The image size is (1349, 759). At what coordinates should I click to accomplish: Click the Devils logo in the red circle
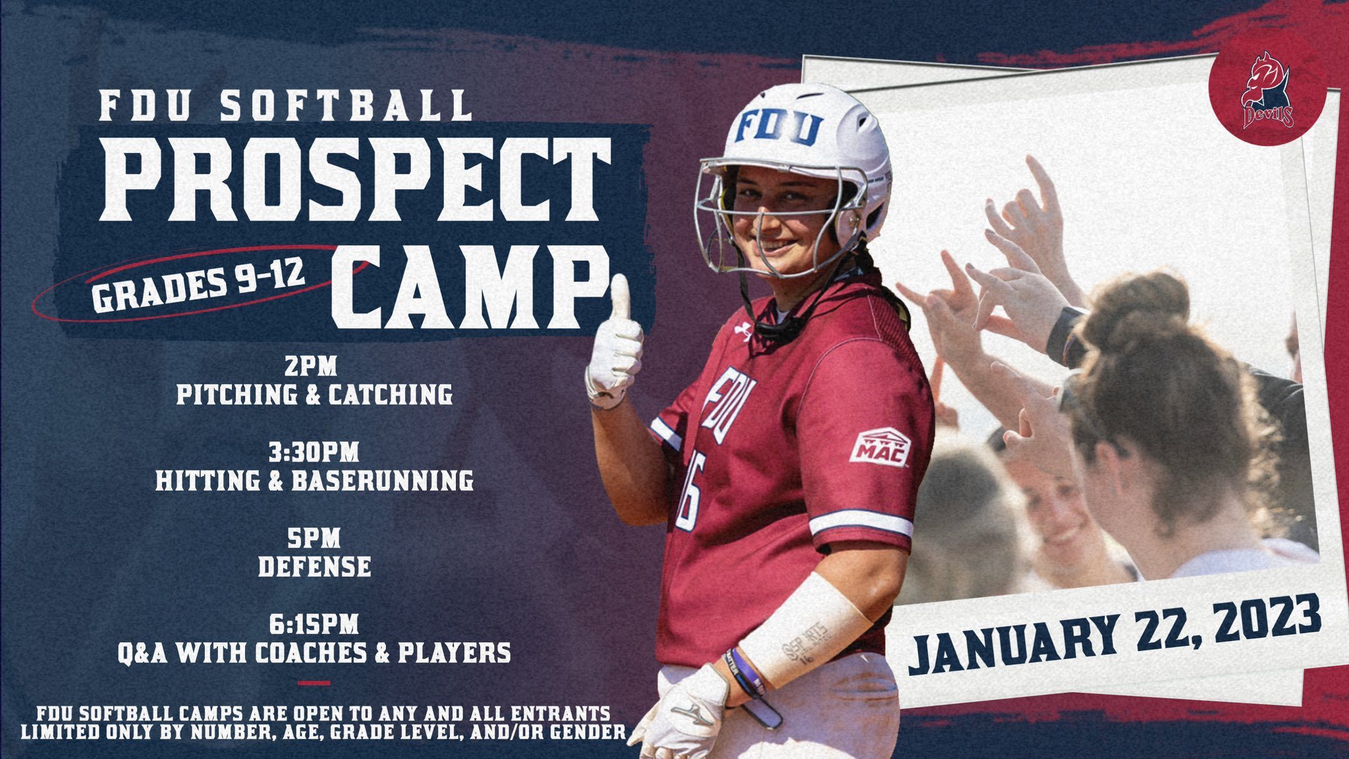1267,92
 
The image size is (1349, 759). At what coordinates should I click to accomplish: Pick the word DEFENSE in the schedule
314,567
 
